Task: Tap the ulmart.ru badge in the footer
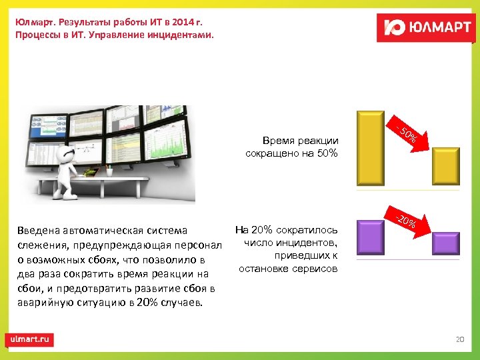[x=30, y=339]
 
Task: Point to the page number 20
[x=459, y=339]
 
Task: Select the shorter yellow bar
[x=445, y=166]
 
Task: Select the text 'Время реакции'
[x=301, y=141]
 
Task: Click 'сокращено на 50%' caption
[x=292, y=153]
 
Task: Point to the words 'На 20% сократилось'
[x=286, y=230]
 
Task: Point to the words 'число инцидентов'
[x=291, y=243]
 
